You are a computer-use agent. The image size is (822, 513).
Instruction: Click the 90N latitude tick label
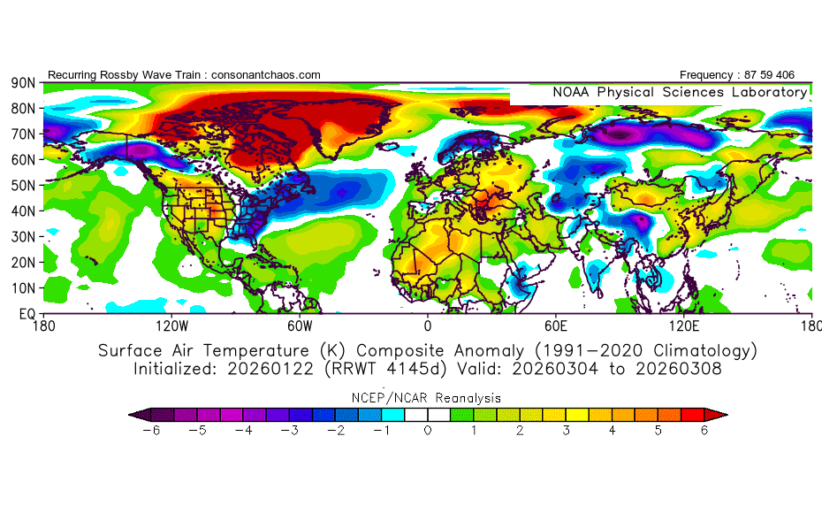tap(22, 82)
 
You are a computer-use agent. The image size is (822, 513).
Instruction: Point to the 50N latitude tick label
tap(22, 185)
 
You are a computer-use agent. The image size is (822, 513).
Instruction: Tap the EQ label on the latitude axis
tap(26, 314)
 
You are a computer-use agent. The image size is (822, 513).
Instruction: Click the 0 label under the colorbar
tap(428, 431)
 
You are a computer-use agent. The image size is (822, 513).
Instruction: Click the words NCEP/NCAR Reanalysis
tap(428, 397)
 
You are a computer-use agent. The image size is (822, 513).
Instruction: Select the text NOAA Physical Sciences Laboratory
tap(680, 92)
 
